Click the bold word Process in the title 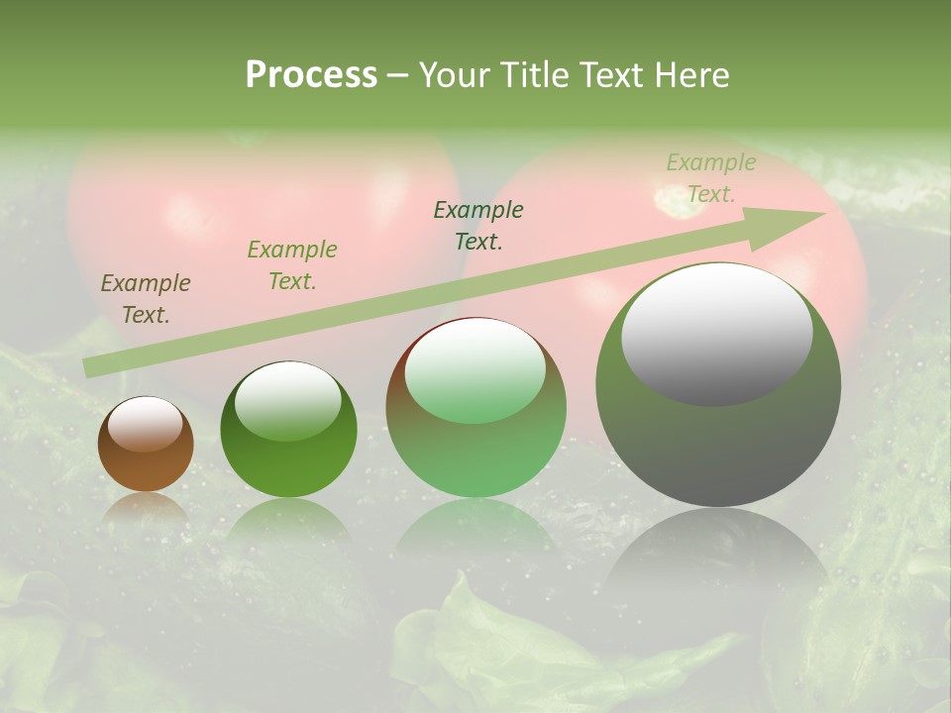pyautogui.click(x=311, y=74)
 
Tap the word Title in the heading pyautogui.click(x=533, y=74)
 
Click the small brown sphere pyautogui.click(x=146, y=460)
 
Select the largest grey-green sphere pyautogui.click(x=718, y=436)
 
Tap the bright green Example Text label pyautogui.click(x=291, y=265)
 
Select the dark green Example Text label pyautogui.click(x=478, y=226)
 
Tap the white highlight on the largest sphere pyautogui.click(x=716, y=334)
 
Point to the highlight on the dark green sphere pyautogui.click(x=288, y=401)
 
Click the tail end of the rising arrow pyautogui.click(x=89, y=367)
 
